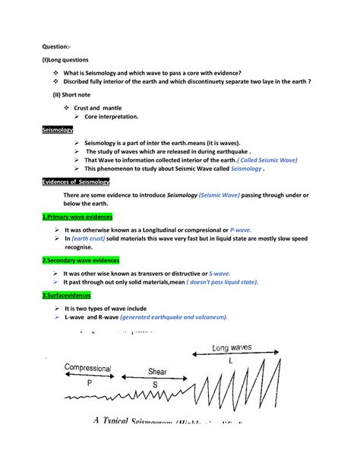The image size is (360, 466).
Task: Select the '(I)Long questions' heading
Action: (x=65, y=59)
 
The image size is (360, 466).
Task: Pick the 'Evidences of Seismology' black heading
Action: (x=76, y=182)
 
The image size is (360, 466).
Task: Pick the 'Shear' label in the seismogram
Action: (x=157, y=372)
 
